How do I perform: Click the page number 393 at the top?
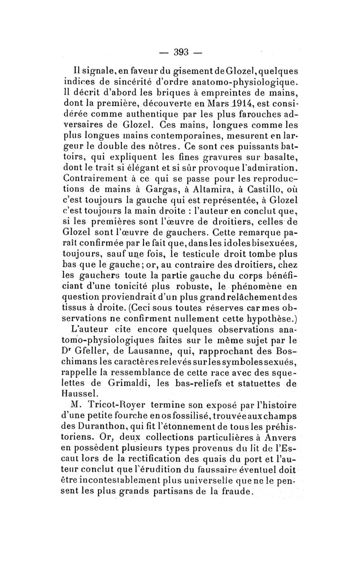coord(180,51)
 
